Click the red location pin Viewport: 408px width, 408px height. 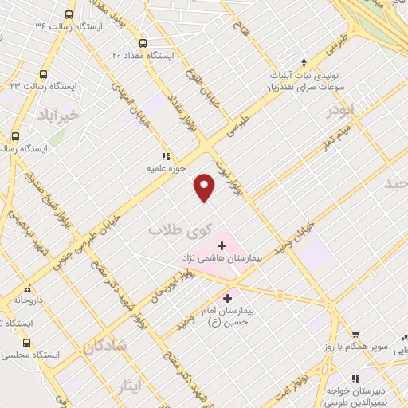tap(205, 186)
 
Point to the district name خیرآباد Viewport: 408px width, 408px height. tap(58, 116)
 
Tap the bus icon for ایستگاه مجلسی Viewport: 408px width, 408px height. tap(15, 335)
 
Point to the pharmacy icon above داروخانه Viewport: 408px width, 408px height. tap(27, 288)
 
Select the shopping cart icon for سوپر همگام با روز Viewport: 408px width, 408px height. tap(355, 335)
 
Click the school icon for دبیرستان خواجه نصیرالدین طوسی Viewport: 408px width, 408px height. tap(355, 378)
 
